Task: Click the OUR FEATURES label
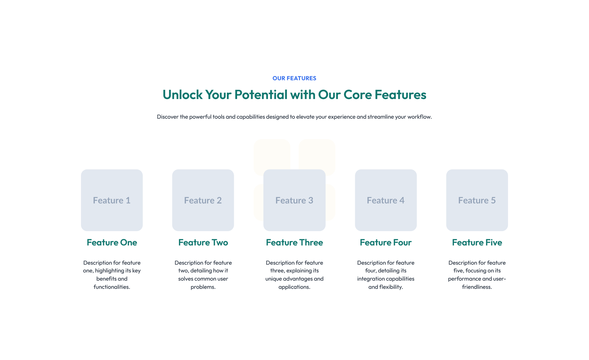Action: click(x=294, y=78)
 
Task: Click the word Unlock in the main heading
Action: click(x=183, y=94)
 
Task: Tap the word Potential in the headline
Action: click(x=261, y=94)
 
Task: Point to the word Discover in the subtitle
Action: click(x=168, y=116)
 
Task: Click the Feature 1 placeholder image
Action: click(x=112, y=200)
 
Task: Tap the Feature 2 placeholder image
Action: click(x=203, y=200)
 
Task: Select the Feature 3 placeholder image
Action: click(x=294, y=200)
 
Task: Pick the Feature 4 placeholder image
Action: click(x=386, y=200)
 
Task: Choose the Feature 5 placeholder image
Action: click(x=477, y=200)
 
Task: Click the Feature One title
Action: click(x=112, y=242)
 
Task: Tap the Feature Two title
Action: click(x=203, y=242)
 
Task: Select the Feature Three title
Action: click(x=294, y=242)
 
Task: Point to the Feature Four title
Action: click(x=386, y=242)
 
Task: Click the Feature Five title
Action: click(x=477, y=242)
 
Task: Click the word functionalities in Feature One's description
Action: click(x=112, y=287)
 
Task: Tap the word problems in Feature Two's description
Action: click(x=203, y=287)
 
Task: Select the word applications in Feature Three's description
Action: click(x=294, y=287)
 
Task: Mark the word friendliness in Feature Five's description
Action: click(x=477, y=287)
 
